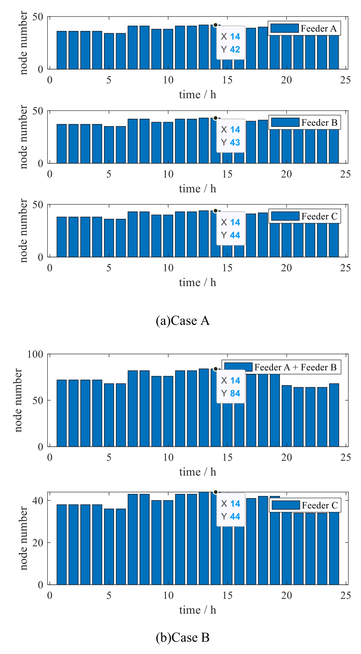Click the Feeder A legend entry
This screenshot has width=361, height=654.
(304, 29)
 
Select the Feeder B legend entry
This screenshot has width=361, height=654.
(304, 123)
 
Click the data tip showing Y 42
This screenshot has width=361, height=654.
(231, 43)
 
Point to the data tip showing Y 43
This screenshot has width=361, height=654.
(231, 136)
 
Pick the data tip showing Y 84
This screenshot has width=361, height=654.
(231, 387)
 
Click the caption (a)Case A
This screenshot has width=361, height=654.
(182, 321)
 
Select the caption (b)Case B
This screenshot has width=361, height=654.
(182, 637)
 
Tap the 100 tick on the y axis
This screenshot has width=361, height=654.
(35, 355)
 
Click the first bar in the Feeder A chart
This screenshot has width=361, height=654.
(61, 50)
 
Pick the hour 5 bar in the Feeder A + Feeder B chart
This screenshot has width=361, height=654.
(109, 415)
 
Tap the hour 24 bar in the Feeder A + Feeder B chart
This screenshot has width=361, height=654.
(334, 415)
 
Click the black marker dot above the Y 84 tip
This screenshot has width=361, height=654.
(215, 369)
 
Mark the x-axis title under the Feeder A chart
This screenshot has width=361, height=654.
(197, 95)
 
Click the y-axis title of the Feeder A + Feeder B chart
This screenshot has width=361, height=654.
(18, 400)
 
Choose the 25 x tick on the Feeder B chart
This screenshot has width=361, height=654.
(345, 174)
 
